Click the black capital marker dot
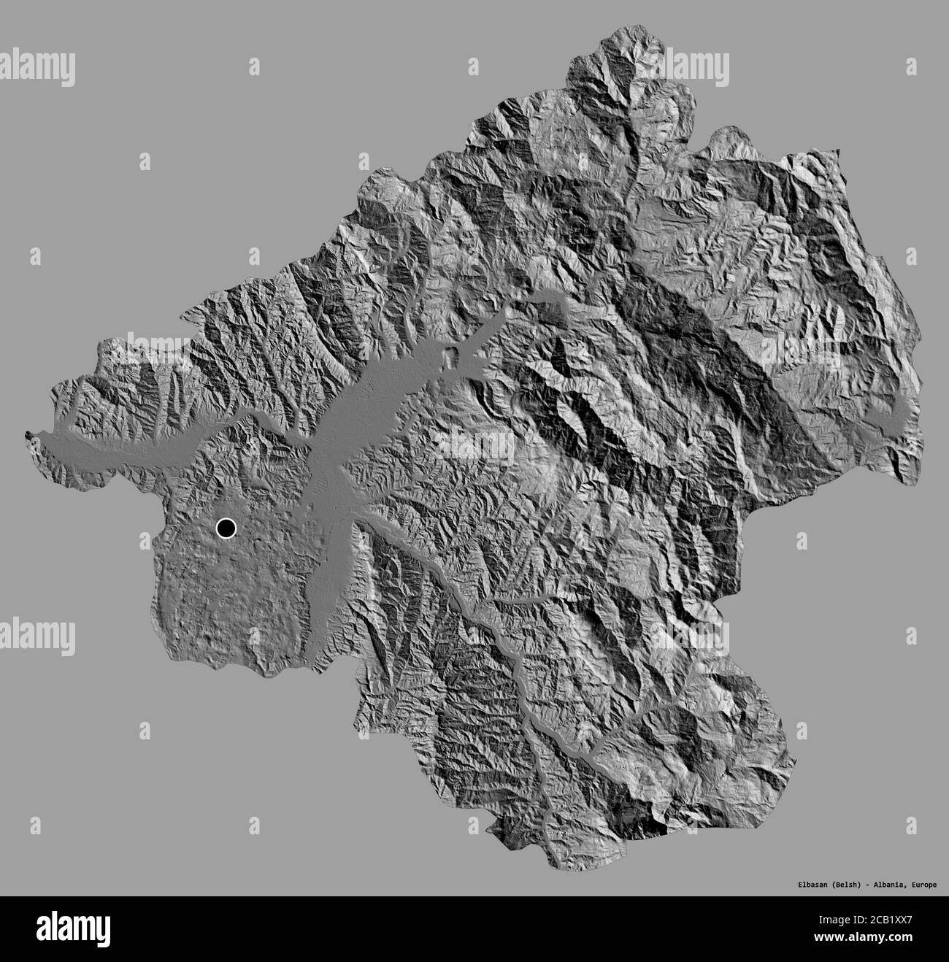click(226, 527)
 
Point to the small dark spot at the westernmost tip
click(28, 436)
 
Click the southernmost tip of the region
click(563, 869)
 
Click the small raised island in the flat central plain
click(454, 358)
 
